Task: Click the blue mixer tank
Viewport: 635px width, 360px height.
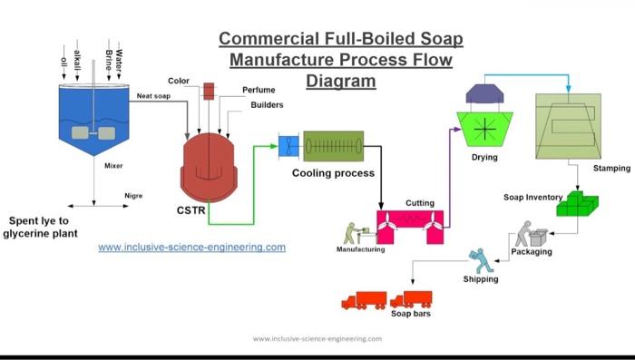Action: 93,118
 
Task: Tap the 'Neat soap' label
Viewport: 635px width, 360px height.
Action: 153,95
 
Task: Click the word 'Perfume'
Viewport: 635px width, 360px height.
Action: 259,90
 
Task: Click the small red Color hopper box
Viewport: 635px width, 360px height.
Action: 209,90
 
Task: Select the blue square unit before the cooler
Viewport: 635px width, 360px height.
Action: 288,145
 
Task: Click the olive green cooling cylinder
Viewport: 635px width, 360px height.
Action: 333,145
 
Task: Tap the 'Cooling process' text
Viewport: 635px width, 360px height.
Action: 333,173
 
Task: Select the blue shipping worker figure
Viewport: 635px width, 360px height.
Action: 481,261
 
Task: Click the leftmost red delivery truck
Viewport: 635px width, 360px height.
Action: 364,300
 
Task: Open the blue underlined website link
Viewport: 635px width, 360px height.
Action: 191,247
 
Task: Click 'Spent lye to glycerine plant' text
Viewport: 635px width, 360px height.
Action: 43,227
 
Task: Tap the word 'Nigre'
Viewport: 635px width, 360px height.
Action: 133,195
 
